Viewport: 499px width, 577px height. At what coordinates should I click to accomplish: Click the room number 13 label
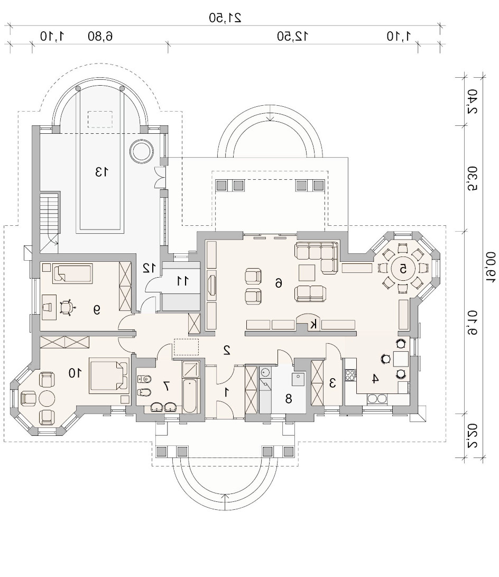tap(101, 171)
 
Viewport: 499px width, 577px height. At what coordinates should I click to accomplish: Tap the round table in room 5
tap(403, 269)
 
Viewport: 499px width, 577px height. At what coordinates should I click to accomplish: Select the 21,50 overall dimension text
tap(225, 17)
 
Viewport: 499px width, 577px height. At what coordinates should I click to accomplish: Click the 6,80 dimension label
tap(100, 36)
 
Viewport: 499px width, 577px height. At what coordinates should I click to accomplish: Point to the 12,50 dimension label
tap(293, 36)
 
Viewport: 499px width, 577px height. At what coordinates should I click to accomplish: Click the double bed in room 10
tap(109, 375)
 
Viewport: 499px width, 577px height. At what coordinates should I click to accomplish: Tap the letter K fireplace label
tap(313, 325)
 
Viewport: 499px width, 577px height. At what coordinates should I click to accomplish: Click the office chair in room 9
tap(66, 308)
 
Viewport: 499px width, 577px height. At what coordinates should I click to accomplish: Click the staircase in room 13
tap(50, 214)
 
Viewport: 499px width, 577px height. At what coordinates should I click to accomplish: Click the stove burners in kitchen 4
tap(350, 375)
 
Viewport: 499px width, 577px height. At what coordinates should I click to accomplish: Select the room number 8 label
tap(288, 399)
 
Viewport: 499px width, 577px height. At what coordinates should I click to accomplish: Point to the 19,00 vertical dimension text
tap(491, 268)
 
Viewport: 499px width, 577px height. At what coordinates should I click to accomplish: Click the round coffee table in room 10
tap(47, 398)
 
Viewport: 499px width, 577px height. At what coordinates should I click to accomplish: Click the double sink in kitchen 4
tap(377, 399)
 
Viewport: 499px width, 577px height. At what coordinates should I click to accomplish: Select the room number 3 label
tap(332, 383)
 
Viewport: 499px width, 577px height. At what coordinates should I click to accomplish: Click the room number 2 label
tap(227, 350)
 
